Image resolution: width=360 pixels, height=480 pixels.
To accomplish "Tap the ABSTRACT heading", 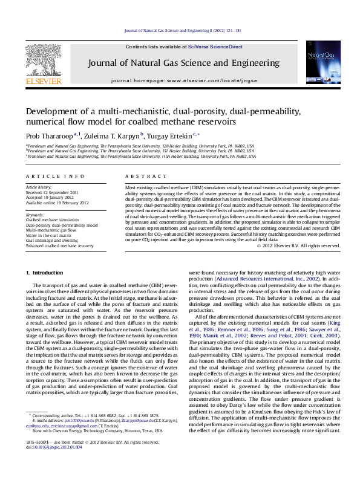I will (140, 176).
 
